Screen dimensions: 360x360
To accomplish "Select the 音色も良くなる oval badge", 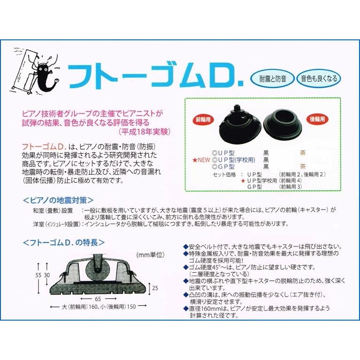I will click(319, 78).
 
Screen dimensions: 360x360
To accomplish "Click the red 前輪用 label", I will click(202, 119).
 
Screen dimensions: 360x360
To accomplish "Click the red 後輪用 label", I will click(316, 119).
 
